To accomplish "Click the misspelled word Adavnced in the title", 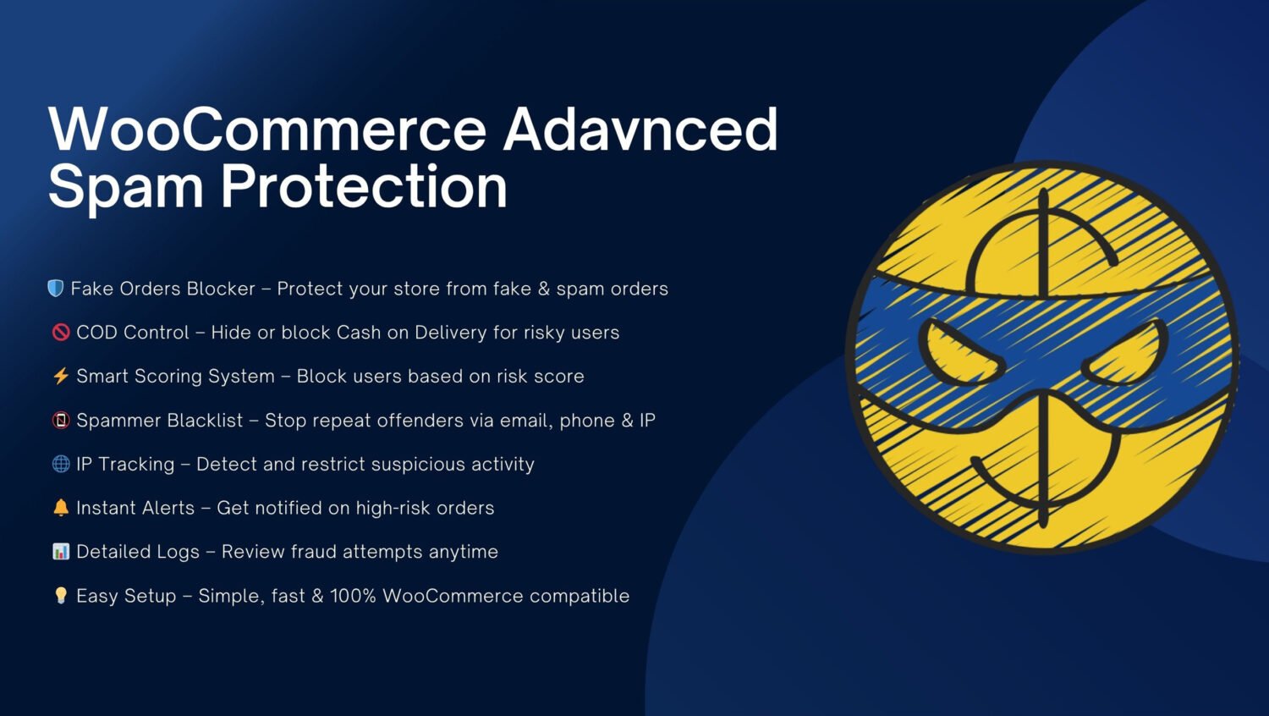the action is pos(640,129).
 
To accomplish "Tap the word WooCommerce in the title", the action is pos(267,129).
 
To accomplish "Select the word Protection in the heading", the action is pos(364,187).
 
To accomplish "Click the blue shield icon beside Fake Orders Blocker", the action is pos(56,289).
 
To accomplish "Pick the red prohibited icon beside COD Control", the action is pos(61,333).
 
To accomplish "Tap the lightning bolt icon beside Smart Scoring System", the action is pos(61,376).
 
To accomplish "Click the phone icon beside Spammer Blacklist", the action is pos(61,420).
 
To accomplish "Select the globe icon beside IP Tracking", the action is pos(61,464).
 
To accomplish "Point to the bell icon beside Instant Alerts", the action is pos(61,508).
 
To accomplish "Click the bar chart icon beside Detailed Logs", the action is pos(61,551).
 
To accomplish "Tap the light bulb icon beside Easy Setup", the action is pos(61,595).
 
